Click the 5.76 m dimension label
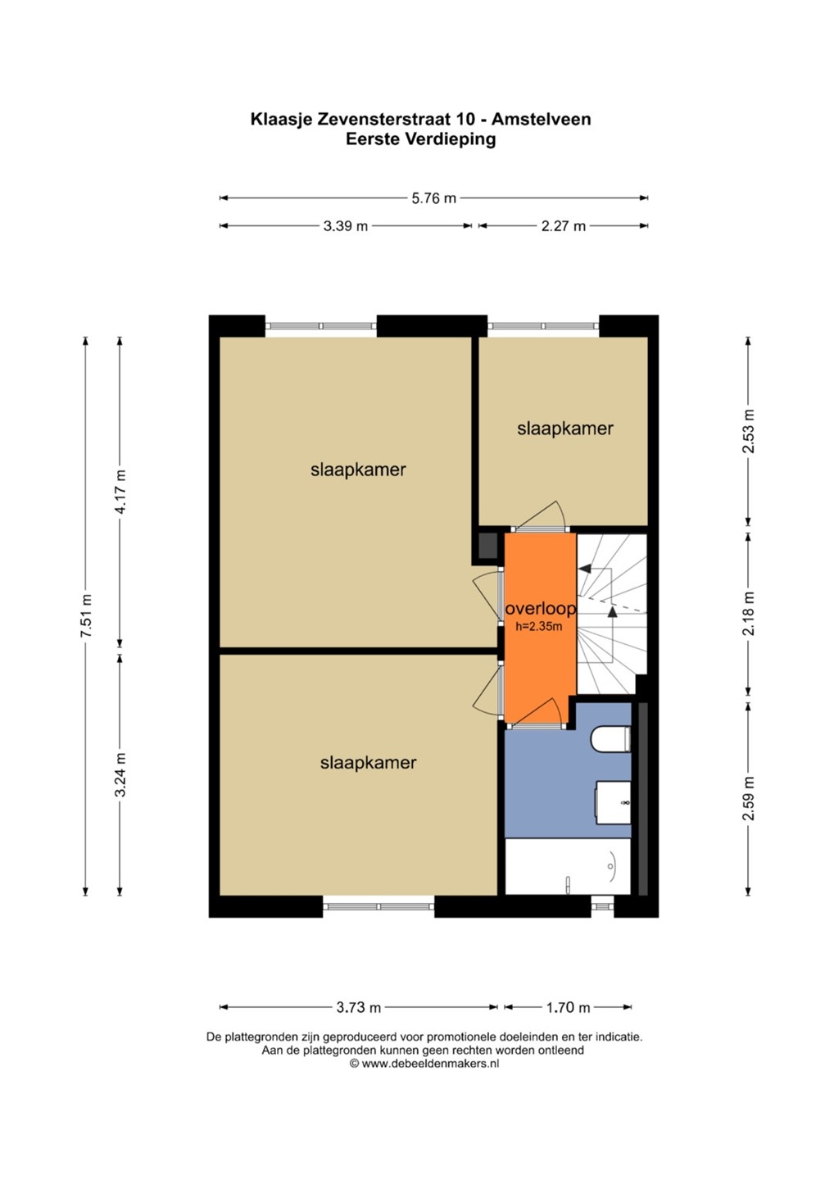pos(433,198)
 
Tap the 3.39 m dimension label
pos(346,226)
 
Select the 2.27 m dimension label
pos(564,226)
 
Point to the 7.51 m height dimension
pos(86,615)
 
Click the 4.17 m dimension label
pos(121,492)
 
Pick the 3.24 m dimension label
pos(121,774)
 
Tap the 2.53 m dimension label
pos(749,431)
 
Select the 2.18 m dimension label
pos(749,613)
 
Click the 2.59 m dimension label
pos(749,798)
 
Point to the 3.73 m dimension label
pos(359,1007)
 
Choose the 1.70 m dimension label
pos(568,1007)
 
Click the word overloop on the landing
pos(541,609)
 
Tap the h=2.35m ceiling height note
pos(538,627)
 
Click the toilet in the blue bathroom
pos(611,739)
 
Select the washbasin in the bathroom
pos(613,802)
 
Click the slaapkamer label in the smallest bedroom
pos(565,429)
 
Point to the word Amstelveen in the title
pos(542,119)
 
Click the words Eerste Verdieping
pos(420,139)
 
